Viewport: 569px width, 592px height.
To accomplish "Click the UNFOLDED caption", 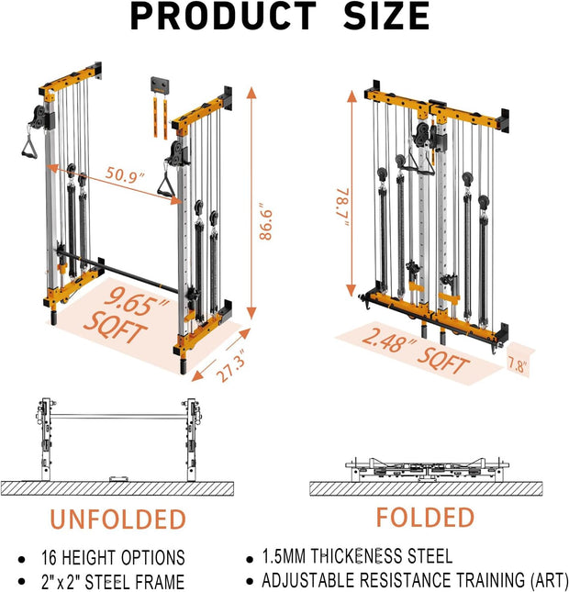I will [117, 519].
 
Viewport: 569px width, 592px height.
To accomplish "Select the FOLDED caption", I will [425, 517].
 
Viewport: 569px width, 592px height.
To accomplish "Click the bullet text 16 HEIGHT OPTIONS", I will [113, 558].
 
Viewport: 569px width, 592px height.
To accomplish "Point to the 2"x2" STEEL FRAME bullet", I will [112, 581].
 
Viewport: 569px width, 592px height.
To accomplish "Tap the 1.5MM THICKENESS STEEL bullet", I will [357, 556].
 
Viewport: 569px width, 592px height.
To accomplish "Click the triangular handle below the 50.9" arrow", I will [169, 186].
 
